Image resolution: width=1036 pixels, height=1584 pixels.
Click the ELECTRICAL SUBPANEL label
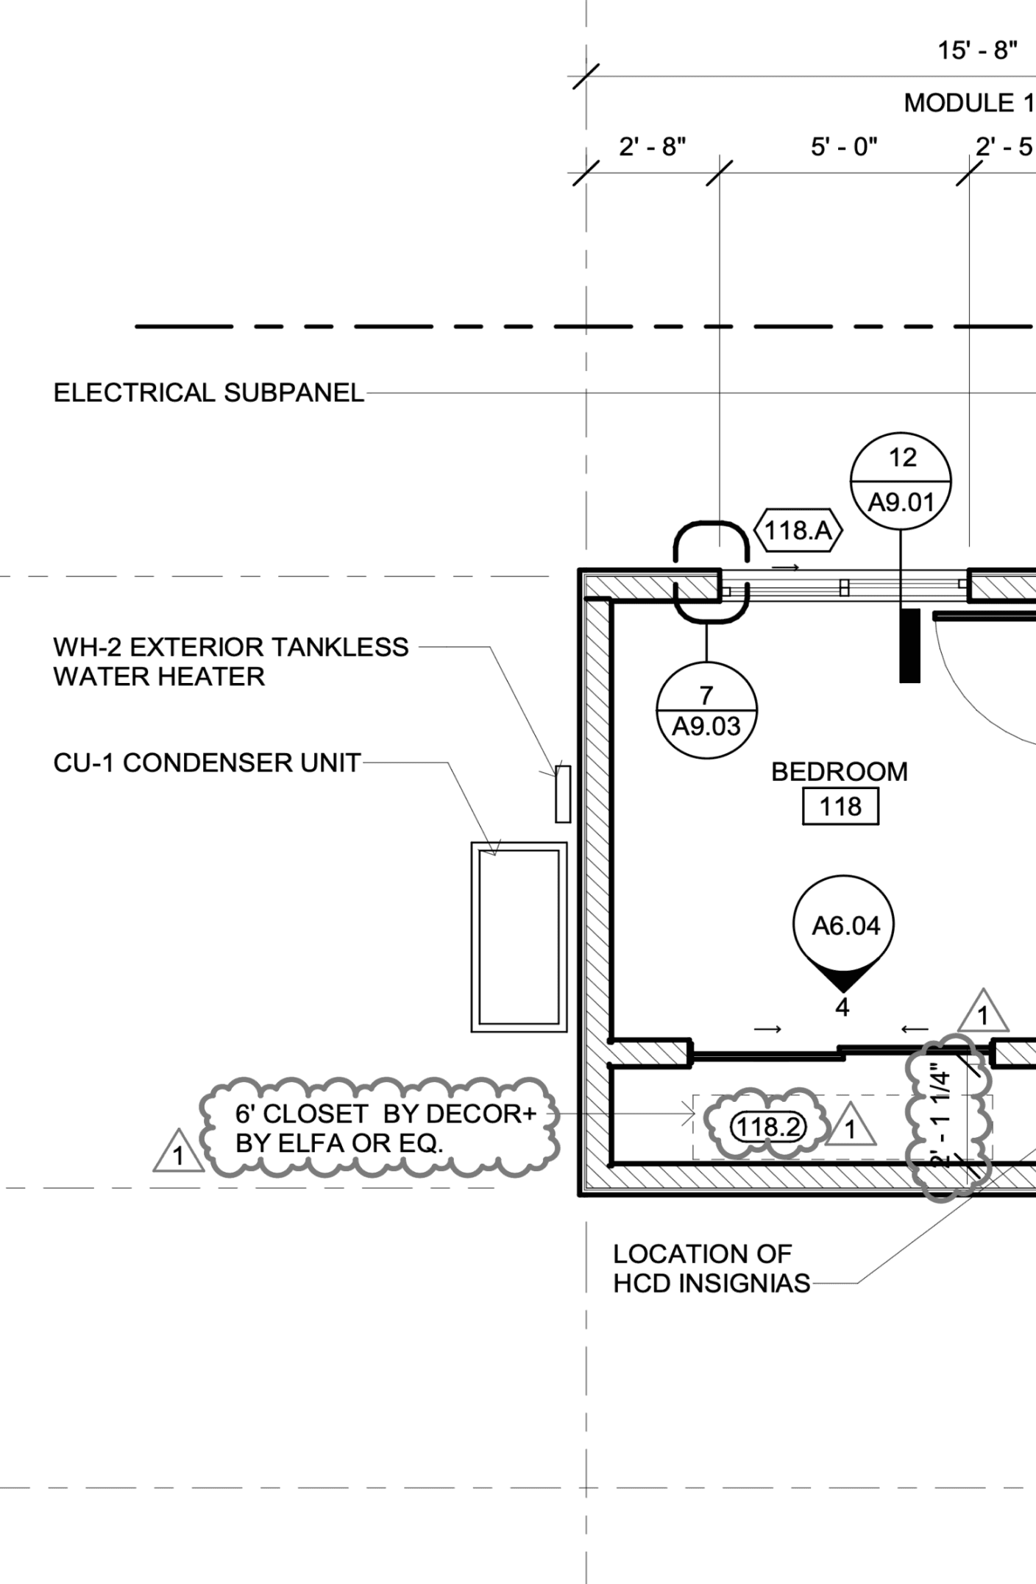[209, 393]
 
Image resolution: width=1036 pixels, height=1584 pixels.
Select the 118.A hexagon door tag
[798, 530]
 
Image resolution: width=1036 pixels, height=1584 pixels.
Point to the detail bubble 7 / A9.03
[706, 711]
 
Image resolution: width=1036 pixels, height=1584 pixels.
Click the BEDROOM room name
[840, 771]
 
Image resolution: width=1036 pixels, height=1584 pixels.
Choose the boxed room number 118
[840, 807]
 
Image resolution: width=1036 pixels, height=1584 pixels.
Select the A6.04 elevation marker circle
[845, 925]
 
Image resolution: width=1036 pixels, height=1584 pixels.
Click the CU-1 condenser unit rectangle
[519, 937]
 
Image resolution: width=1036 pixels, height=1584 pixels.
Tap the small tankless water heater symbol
[563, 793]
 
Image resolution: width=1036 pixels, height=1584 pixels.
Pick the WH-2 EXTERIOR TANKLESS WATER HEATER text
[230, 662]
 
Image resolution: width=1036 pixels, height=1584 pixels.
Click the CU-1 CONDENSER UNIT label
[207, 763]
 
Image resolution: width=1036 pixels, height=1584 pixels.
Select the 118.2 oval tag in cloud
[768, 1127]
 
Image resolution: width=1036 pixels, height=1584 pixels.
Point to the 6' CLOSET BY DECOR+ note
[385, 1128]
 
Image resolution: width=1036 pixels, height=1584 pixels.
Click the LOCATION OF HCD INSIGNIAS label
[711, 1268]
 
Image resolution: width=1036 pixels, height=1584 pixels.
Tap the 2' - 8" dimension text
[652, 147]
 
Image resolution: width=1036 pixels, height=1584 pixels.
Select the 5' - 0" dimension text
[844, 147]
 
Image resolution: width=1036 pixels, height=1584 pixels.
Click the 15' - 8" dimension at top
[977, 51]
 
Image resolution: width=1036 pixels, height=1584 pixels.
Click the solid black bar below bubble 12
[910, 646]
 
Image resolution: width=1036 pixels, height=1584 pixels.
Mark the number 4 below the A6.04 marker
[842, 1008]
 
